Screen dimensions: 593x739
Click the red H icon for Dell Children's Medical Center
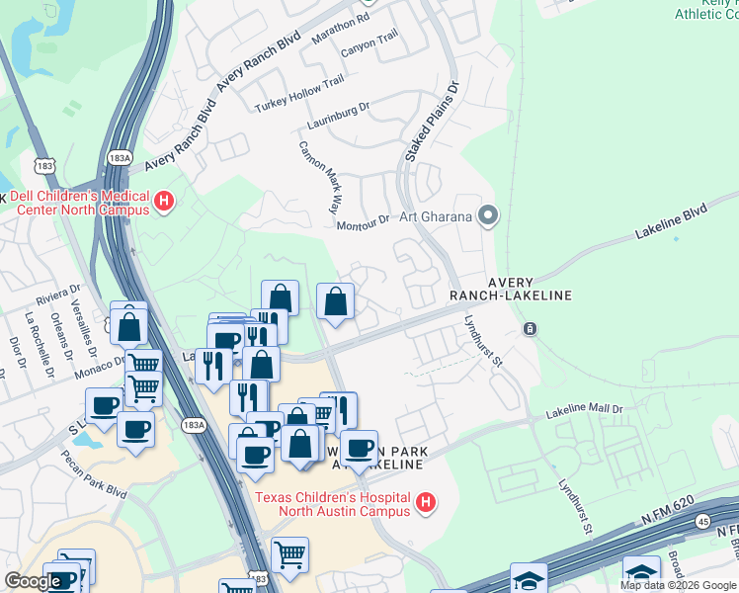[165, 203]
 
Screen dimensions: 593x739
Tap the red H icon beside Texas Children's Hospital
[426, 504]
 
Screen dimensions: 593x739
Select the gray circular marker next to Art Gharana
[487, 214]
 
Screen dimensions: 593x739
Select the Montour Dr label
[365, 224]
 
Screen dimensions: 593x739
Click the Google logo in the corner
[33, 581]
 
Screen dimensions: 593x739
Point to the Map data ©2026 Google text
[678, 585]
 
